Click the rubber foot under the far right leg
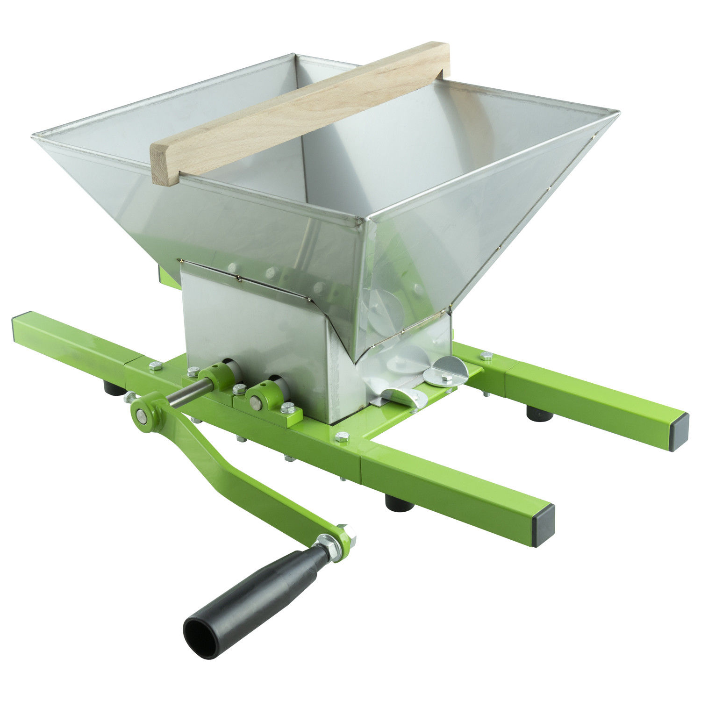540,414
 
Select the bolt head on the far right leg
486,356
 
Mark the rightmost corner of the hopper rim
619,112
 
